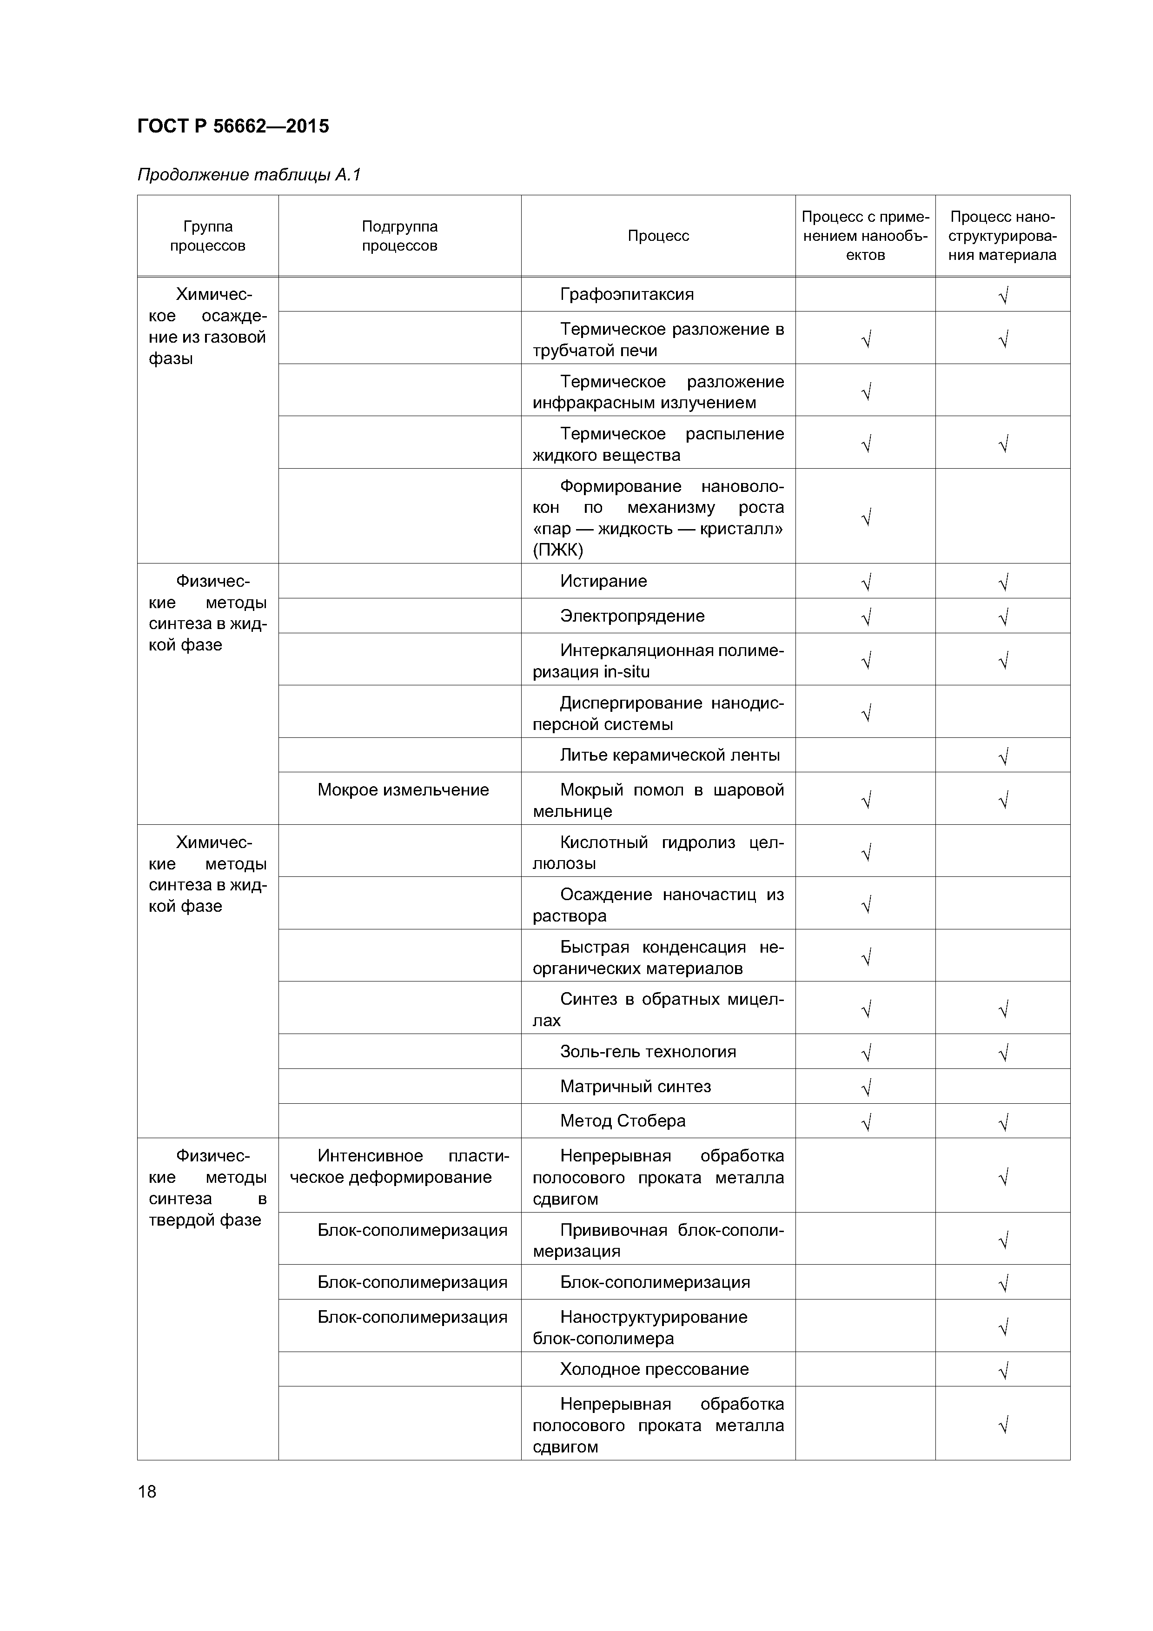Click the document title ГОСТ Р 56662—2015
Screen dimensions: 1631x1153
pos(233,126)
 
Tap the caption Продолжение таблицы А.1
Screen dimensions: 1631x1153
pos(249,175)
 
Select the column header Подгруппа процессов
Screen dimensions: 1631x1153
pos(399,236)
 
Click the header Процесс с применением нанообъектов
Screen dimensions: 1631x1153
pos(865,236)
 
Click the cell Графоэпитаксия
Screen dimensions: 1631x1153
pos(627,294)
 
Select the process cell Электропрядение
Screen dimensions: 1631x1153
pos(632,616)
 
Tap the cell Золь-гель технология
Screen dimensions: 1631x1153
pos(648,1051)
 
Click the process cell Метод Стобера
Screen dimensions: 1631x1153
pos(623,1121)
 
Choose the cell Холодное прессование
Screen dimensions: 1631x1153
pos(654,1369)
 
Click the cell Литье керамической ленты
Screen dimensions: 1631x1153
pos(670,755)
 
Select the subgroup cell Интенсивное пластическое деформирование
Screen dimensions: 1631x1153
pos(399,1167)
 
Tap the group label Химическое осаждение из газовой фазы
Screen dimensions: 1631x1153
pos(207,326)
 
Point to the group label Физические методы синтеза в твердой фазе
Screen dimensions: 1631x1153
pos(207,1188)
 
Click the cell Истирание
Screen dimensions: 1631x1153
pos(603,581)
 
